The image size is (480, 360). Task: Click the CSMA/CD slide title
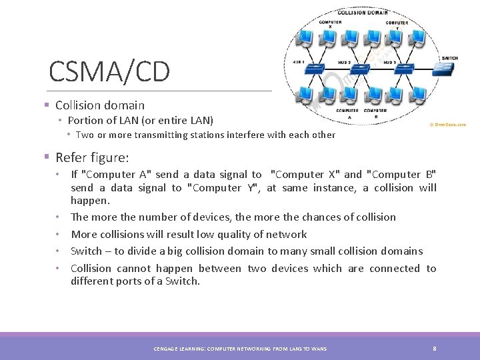click(109, 71)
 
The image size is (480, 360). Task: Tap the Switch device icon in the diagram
click(441, 68)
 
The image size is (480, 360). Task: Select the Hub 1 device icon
click(314, 69)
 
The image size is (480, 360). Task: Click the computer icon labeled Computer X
click(331, 37)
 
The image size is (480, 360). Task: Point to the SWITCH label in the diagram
click(449, 58)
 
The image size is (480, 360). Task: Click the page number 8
click(434, 349)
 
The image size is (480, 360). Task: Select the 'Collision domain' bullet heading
click(99, 105)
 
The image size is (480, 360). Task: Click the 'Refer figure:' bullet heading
click(92, 157)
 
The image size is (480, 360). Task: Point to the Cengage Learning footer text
click(241, 349)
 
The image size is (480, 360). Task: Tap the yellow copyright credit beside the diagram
click(447, 125)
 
